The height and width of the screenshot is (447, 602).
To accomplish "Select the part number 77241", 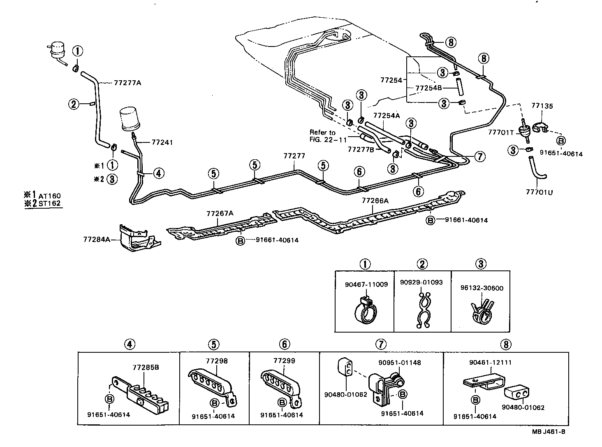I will point(162,142).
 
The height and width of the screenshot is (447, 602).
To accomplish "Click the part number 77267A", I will point(220,213).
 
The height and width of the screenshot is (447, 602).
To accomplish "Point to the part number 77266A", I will point(375,200).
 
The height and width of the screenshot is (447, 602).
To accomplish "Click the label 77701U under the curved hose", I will point(539,192).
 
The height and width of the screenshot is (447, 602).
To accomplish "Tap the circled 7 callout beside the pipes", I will point(479,156).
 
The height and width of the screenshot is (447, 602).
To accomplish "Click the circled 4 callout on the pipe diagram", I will point(158,173).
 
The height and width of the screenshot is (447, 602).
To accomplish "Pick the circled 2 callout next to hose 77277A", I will point(74,104).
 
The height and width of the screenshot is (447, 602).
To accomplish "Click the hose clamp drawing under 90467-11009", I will point(365,312).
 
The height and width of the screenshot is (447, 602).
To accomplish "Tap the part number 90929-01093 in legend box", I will point(421,282).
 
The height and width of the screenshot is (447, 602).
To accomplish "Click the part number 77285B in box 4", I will point(146,367).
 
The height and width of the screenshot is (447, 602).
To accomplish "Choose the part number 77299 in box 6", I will point(284,361).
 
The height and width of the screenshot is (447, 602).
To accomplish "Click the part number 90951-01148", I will point(399,363).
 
